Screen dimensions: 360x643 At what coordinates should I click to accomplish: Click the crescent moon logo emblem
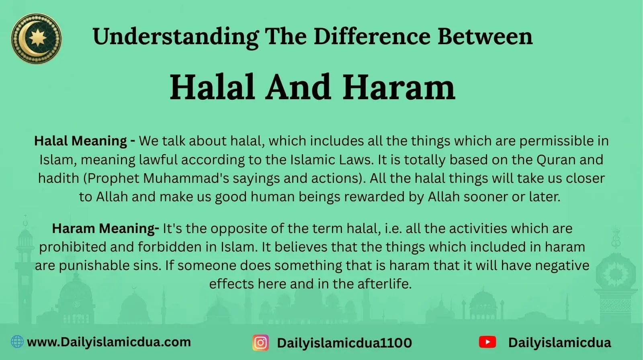tap(36, 39)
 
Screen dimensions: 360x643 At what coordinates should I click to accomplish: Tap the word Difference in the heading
tap(372, 36)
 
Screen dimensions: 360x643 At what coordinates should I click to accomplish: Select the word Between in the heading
tap(485, 36)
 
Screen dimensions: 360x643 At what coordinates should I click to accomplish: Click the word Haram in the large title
tap(399, 87)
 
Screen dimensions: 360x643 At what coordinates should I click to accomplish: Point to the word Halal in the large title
tap(213, 87)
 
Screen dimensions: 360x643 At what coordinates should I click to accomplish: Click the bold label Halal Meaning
tap(84, 141)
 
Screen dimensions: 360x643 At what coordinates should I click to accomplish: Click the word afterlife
tap(384, 284)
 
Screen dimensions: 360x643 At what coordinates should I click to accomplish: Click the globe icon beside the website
tap(17, 342)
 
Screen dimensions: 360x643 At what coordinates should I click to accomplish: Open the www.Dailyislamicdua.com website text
tap(109, 342)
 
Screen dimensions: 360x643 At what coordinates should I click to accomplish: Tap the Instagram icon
tap(260, 343)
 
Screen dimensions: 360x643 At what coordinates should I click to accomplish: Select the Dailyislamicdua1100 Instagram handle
tap(344, 343)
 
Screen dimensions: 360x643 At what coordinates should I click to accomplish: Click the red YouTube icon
tap(487, 342)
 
